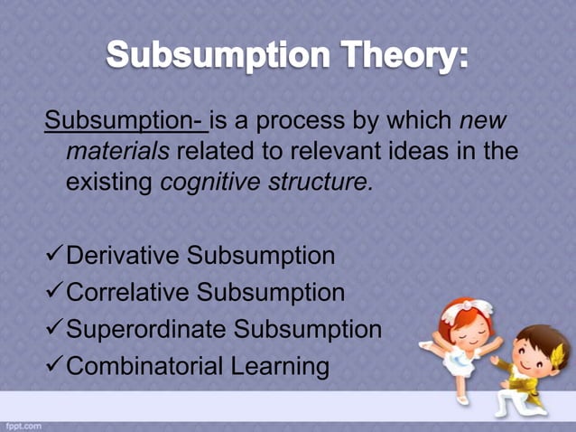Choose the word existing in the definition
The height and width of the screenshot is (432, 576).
(109, 182)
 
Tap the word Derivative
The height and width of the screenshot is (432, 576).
(124, 256)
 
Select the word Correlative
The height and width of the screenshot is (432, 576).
(129, 293)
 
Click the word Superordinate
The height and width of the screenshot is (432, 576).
(148, 329)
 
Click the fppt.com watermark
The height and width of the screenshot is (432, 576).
(22, 424)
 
